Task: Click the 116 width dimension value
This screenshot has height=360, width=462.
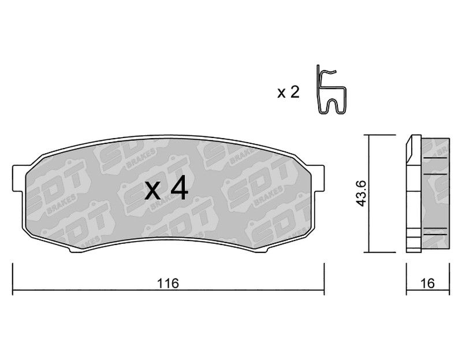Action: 168,284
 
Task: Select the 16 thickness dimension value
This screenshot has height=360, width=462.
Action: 427,284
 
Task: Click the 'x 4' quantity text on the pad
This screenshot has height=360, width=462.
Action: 166,188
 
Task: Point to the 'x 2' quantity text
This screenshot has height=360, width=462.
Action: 288,92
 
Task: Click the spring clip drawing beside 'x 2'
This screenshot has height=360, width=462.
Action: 331,90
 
